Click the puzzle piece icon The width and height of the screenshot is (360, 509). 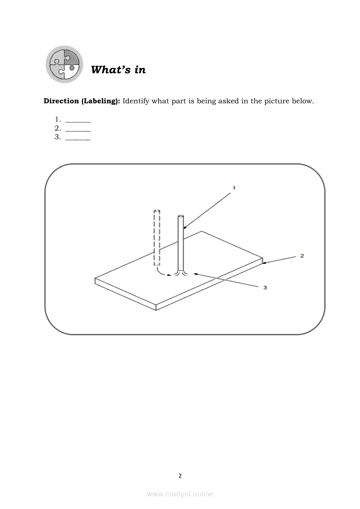(x=65, y=64)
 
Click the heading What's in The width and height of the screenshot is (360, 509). (x=118, y=70)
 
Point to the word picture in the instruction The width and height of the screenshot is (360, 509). (x=266, y=101)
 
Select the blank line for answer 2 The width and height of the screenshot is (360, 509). (x=78, y=129)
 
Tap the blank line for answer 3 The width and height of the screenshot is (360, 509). (x=78, y=138)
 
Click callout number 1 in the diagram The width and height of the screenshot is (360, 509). (x=234, y=188)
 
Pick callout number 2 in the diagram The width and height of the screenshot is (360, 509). (x=302, y=256)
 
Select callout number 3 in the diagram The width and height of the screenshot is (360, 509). (x=265, y=287)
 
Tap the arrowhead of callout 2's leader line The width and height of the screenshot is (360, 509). (x=264, y=263)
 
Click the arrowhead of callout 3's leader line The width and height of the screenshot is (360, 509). (x=195, y=274)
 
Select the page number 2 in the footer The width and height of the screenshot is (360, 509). (x=180, y=476)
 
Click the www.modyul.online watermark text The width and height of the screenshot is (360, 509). (x=180, y=494)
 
